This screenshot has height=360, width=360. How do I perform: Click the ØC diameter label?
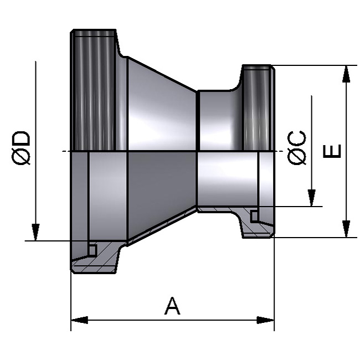pos(298,148)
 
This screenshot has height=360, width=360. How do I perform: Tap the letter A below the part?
pos(172,306)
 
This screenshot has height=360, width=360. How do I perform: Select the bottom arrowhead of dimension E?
pos(346,229)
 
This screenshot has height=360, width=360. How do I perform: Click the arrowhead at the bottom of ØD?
pos(35,232)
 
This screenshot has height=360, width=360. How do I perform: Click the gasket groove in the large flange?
pos(92,251)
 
